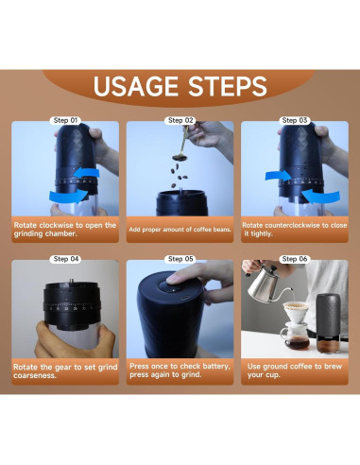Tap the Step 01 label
click(66, 121)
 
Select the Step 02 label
click(180, 121)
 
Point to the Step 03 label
click(294, 121)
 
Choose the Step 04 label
click(66, 258)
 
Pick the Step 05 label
click(180, 258)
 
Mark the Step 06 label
click(294, 258)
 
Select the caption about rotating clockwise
click(66, 231)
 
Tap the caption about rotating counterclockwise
click(294, 231)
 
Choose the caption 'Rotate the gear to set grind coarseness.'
click(66, 370)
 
